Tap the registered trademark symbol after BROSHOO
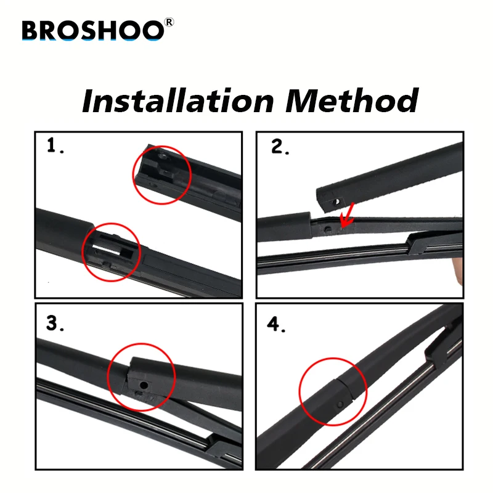coord(169,23)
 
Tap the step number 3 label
coord(55,324)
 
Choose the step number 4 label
coord(275,325)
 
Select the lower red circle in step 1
coord(112,252)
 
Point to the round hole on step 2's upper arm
coord(337,200)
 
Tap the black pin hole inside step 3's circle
coord(142,385)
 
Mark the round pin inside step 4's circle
coord(340,404)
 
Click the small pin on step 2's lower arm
coord(327,228)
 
